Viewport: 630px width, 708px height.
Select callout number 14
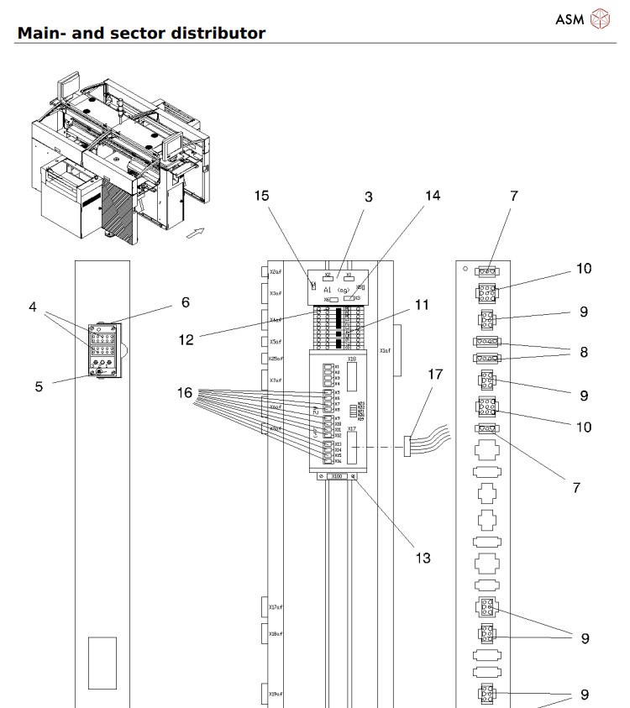432,197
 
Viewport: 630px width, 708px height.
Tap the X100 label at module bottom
337,476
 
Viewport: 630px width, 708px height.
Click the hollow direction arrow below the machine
194,235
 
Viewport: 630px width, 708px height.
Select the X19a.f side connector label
275,695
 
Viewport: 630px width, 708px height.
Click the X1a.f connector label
385,350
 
